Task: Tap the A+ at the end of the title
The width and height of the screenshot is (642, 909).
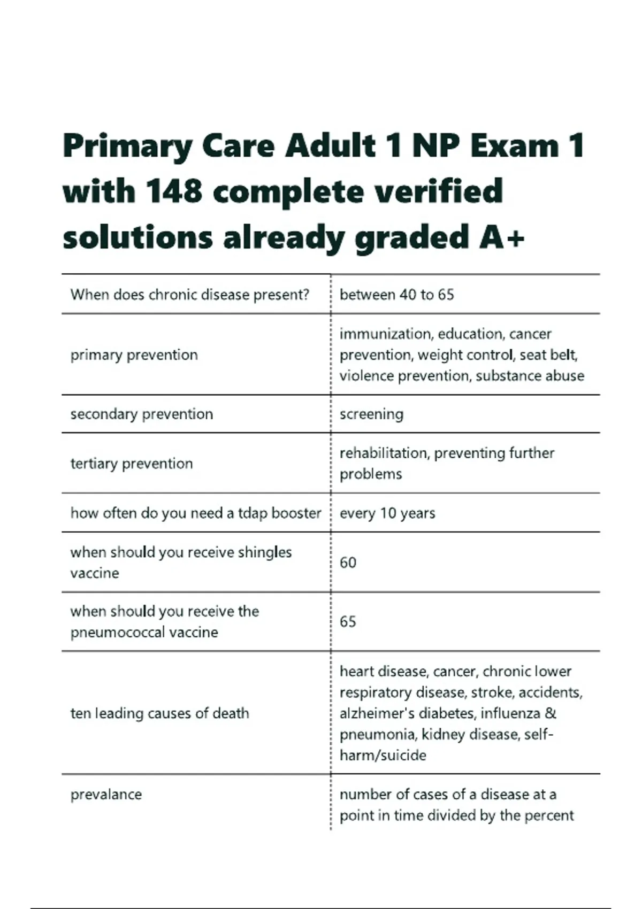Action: pos(502,237)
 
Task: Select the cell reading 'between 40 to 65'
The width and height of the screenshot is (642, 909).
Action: pos(396,295)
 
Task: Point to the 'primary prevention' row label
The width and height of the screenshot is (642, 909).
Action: pos(134,355)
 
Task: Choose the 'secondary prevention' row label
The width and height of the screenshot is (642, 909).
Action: pos(142,414)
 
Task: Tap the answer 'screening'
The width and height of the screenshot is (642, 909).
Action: pos(371,414)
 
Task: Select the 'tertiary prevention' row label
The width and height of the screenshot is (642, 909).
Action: pos(132,464)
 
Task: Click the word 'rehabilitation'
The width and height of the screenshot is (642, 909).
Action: pos(384,453)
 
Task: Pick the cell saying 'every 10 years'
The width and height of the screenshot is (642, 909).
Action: pos(387,513)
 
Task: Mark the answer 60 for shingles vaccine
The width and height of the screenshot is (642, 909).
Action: pos(348,563)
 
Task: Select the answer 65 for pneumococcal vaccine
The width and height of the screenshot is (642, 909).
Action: pos(348,622)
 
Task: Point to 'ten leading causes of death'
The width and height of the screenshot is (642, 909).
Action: pos(160,713)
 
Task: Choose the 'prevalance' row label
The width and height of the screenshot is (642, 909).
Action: pos(106,795)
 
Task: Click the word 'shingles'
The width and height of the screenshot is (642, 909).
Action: pos(264,552)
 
